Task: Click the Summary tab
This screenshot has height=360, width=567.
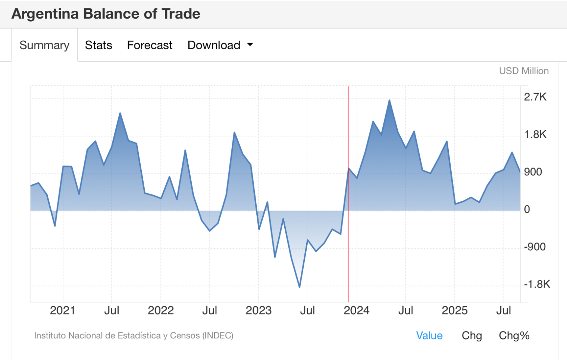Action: [x=44, y=45]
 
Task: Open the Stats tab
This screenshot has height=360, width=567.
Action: [x=98, y=45]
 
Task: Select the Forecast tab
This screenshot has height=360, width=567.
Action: [x=150, y=45]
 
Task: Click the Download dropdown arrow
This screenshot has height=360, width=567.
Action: [x=250, y=45]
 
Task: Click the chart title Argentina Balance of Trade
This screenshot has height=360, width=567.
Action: [x=106, y=14]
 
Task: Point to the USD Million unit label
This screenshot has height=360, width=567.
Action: [x=524, y=71]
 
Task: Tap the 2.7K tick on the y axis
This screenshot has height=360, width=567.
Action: [x=535, y=97]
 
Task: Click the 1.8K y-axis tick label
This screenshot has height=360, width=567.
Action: [x=535, y=134]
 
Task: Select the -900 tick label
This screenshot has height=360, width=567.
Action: [x=535, y=247]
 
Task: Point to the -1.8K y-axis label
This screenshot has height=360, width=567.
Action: [x=537, y=284]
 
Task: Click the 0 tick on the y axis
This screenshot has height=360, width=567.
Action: [x=527, y=209]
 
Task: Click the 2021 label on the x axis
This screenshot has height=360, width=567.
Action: [x=62, y=310]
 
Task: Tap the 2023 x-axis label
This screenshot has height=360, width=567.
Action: [x=259, y=310]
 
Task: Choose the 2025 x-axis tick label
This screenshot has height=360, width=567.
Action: [x=454, y=310]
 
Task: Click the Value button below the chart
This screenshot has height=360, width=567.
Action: [x=429, y=336]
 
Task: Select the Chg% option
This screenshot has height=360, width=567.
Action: [x=514, y=336]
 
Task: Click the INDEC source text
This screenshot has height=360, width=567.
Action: [x=134, y=336]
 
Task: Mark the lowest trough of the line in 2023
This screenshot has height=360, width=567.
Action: [x=300, y=287]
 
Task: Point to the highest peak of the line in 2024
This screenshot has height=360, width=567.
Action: [x=389, y=100]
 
